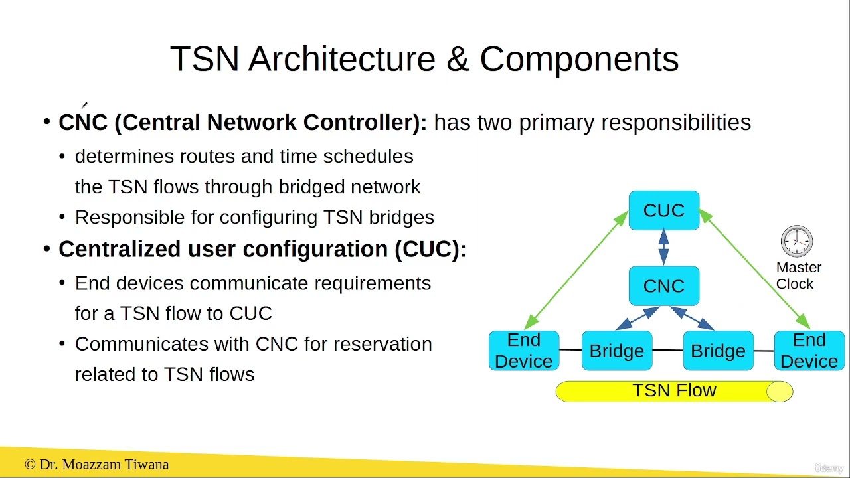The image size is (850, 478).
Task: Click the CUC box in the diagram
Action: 663,210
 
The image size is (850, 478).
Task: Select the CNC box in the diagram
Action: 663,286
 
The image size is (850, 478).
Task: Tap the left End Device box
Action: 523,351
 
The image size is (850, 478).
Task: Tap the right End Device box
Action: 809,351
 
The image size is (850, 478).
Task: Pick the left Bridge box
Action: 616,351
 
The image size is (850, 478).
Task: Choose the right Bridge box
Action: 717,351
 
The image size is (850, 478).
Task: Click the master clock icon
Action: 797,241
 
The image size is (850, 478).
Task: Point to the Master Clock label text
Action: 798,276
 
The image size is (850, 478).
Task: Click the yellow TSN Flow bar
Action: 674,391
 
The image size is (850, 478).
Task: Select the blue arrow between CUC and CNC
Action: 663,248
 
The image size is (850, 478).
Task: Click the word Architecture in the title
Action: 342,59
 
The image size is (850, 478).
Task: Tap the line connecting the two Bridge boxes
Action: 667,350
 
